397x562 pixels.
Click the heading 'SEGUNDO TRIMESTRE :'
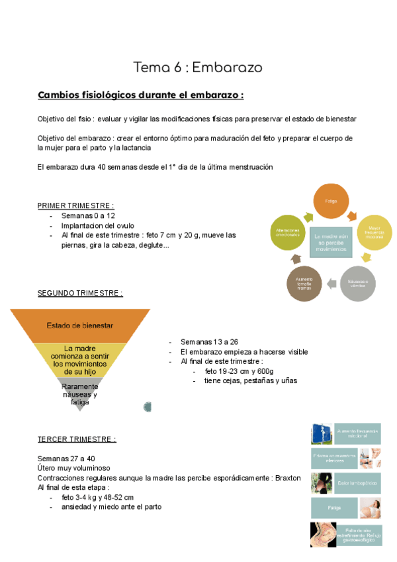[80, 292]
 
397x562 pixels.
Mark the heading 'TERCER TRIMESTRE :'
[77, 439]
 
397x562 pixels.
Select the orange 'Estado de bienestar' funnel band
[80, 325]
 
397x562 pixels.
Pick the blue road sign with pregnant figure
[322, 434]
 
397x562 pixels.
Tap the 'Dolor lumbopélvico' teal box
[357, 483]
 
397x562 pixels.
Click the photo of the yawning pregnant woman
[370, 508]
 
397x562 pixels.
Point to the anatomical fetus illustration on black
[322, 534]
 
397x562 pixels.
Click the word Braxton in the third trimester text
[286, 477]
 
